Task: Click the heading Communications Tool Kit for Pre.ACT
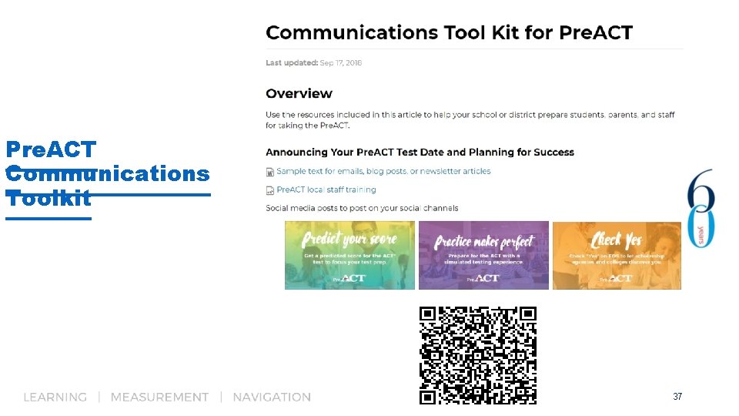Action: [x=449, y=33]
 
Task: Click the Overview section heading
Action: [x=299, y=94]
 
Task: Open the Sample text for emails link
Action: [x=383, y=171]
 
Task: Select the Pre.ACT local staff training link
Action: [x=326, y=190]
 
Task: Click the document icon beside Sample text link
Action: [x=270, y=172]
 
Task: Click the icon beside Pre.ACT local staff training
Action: [x=270, y=190]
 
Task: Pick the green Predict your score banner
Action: [x=349, y=255]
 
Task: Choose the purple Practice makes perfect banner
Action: [x=483, y=255]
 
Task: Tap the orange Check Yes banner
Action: [x=617, y=255]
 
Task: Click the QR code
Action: [x=477, y=355]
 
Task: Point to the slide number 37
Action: [x=677, y=397]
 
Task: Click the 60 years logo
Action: [x=701, y=208]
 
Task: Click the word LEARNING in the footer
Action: [x=55, y=398]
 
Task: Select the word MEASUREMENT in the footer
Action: [x=159, y=398]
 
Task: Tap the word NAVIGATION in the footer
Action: [x=272, y=398]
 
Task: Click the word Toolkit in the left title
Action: [x=48, y=199]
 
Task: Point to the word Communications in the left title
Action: [x=107, y=173]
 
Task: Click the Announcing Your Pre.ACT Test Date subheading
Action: [x=420, y=152]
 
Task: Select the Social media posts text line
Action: [x=362, y=208]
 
